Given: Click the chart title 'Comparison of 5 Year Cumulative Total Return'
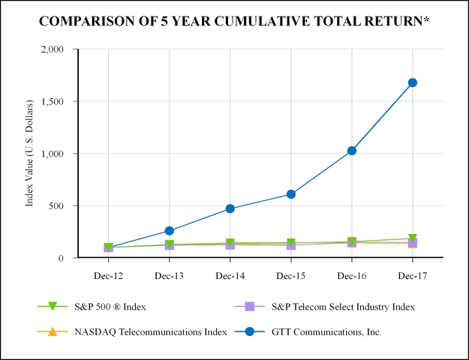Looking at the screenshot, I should (x=234, y=21).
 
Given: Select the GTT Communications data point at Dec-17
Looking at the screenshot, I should (x=413, y=82).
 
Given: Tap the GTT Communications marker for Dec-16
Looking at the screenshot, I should (x=352, y=151).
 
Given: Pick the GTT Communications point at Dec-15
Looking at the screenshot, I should (x=291, y=194).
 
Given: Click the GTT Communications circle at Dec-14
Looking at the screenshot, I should (x=230, y=208).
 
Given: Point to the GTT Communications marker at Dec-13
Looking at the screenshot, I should (x=170, y=231).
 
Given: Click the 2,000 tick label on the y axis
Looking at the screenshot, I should (x=52, y=49).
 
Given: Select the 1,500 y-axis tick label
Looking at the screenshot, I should (x=52, y=101).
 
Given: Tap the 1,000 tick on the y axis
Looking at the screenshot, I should (x=52, y=154).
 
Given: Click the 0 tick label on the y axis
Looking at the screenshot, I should (x=62, y=258).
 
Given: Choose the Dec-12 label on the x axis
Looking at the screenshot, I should (x=109, y=276).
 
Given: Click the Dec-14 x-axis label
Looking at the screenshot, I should (x=230, y=276).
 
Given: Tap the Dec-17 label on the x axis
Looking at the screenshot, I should (x=413, y=276).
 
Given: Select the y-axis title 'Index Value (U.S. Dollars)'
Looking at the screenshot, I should (x=31, y=153).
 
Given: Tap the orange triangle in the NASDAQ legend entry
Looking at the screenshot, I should (x=52, y=331).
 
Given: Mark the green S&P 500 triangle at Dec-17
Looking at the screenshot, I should (x=413, y=238).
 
